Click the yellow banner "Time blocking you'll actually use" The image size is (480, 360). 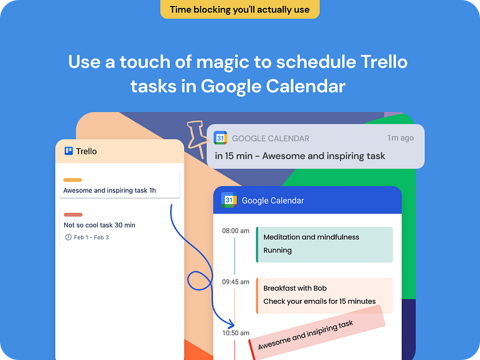[x=239, y=9]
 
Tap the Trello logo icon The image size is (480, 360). [x=68, y=151]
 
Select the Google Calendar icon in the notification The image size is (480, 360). [x=220, y=138]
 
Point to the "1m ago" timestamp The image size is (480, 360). [x=400, y=138]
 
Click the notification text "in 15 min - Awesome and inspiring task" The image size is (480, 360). [x=300, y=156]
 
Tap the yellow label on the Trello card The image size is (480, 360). [x=73, y=180]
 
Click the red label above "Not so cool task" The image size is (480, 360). [x=73, y=214]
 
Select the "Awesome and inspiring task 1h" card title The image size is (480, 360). [x=110, y=191]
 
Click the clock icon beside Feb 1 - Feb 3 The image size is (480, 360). [x=68, y=238]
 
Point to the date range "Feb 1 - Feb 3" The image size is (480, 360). [x=91, y=238]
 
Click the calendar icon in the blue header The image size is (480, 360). [x=229, y=200]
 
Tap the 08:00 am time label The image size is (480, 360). [x=235, y=230]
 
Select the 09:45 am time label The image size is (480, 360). [x=235, y=281]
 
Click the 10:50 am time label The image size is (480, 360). [x=235, y=333]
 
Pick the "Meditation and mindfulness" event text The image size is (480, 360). [x=311, y=237]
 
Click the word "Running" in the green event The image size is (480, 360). [x=277, y=250]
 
